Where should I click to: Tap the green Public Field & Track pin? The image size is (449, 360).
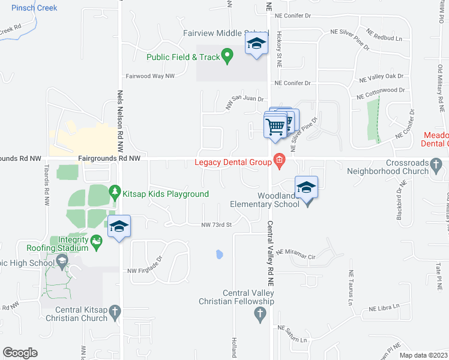227,57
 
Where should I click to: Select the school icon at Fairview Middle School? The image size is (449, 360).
256,43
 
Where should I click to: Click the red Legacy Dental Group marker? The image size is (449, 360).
279,160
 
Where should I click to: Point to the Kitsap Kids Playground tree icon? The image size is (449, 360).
115,193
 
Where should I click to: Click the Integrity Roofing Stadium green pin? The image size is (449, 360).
97,241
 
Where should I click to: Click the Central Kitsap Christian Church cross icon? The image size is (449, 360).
116,311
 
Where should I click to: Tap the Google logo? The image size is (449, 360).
20,353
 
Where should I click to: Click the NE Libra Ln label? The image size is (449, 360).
384,308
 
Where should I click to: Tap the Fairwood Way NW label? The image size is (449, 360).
150,76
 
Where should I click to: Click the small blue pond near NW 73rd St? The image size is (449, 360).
219,254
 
